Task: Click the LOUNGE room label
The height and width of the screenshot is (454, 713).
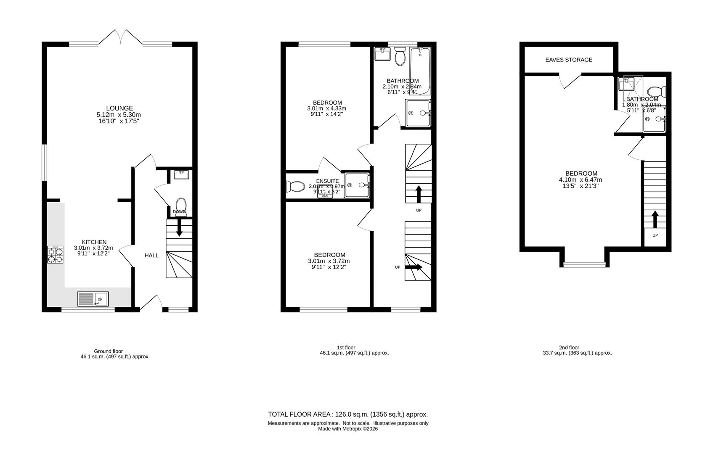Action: tap(119, 108)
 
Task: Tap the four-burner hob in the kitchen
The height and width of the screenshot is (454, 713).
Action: tap(55, 255)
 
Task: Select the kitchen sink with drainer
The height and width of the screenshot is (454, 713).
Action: tap(93, 299)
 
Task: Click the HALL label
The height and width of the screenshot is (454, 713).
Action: tap(151, 255)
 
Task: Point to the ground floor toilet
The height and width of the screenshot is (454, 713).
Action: tap(181, 206)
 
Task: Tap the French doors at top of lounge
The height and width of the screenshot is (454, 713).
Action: tap(120, 37)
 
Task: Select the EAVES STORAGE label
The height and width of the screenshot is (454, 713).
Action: tap(569, 60)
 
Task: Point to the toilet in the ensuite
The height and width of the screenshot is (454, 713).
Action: tap(294, 186)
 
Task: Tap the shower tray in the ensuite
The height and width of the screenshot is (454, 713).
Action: tap(357, 185)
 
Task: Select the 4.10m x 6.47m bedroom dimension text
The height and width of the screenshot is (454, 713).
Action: tap(580, 179)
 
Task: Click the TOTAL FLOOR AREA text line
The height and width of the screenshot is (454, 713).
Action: tap(348, 414)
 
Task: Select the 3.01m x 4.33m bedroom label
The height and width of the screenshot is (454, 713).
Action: tap(327, 108)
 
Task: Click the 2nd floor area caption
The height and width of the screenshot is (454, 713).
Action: tap(577, 350)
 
